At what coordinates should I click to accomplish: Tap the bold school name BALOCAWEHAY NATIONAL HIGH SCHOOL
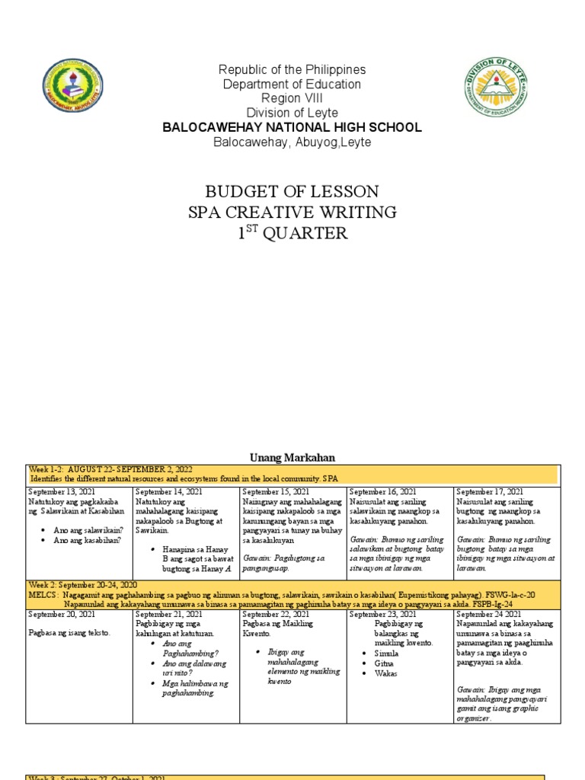point(292,127)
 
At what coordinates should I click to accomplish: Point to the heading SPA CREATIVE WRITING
point(292,212)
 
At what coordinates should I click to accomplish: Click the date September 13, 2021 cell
point(62,493)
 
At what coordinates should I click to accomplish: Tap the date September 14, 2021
point(168,493)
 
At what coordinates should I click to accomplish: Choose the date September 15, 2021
point(275,493)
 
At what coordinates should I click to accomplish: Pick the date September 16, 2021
point(382,493)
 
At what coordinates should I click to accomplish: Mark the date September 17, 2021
point(490,493)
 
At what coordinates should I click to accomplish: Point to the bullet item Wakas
point(386,673)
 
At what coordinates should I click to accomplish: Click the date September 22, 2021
point(275,614)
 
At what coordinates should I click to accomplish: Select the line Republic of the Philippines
point(292,70)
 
